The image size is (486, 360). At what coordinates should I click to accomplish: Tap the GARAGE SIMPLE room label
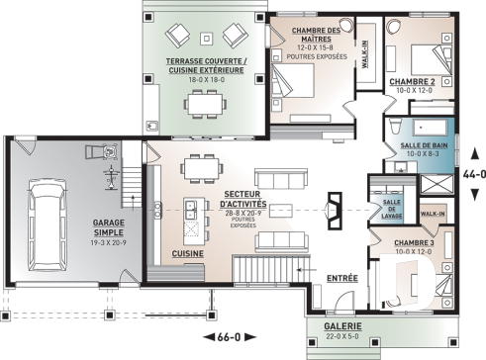pyautogui.click(x=108, y=228)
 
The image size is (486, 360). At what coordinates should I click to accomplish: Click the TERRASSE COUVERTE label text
pyautogui.click(x=205, y=66)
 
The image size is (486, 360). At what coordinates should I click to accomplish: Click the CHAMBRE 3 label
pyautogui.click(x=414, y=242)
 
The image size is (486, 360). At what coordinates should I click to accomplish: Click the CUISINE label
pyautogui.click(x=189, y=254)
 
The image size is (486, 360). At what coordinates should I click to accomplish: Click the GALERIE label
pyautogui.click(x=340, y=326)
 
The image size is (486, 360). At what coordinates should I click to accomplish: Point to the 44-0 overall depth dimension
pyautogui.click(x=469, y=171)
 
